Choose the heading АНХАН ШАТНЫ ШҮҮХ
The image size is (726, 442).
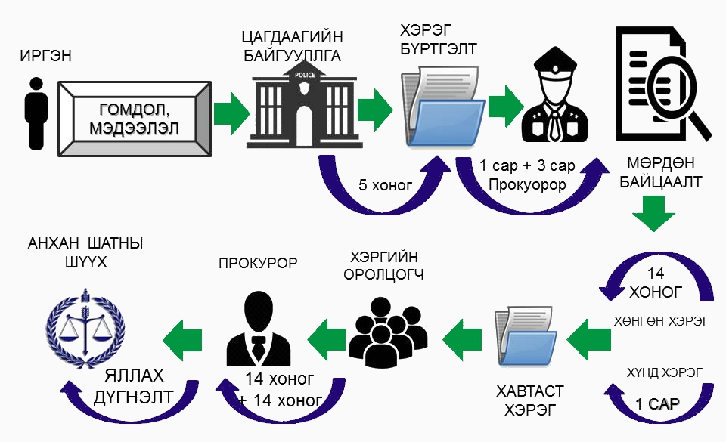85,254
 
